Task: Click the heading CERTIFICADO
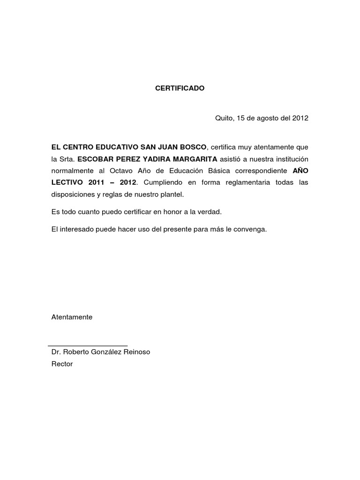180,88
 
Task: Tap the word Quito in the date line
224,118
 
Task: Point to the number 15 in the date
241,118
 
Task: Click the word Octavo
123,171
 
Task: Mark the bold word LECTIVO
67,182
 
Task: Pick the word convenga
251,230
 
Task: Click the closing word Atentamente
72,317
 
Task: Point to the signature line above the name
88,346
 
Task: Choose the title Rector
62,364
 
